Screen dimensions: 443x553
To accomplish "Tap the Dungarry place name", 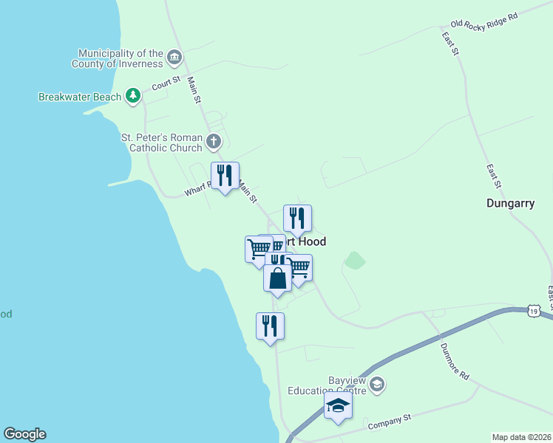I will pyautogui.click(x=510, y=203).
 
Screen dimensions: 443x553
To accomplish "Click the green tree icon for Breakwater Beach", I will pyautogui.click(x=133, y=96).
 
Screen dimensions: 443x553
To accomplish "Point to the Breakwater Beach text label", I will pyautogui.click(x=81, y=97).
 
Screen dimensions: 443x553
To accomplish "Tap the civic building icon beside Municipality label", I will pyautogui.click(x=174, y=58).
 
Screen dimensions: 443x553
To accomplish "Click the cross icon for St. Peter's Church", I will pyautogui.click(x=214, y=141).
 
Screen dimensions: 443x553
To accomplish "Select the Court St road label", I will pyautogui.click(x=166, y=83).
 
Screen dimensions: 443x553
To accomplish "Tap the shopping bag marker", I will pyautogui.click(x=278, y=279).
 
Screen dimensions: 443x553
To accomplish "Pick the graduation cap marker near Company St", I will pyautogui.click(x=339, y=405).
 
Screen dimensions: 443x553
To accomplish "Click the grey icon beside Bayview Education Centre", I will pyautogui.click(x=377, y=384).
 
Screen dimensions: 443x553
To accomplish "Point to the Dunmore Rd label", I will pyautogui.click(x=454, y=361).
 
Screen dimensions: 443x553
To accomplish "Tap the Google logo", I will pyautogui.click(x=24, y=434).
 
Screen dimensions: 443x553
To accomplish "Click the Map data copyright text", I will pyautogui.click(x=521, y=436).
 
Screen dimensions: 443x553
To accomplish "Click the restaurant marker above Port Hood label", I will pyautogui.click(x=297, y=219).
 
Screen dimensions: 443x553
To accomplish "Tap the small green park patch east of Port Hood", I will pyautogui.click(x=356, y=260).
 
